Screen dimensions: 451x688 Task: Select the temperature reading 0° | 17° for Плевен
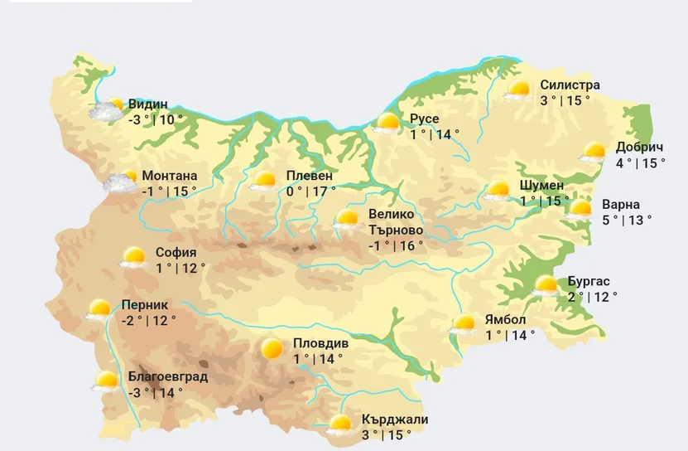pyautogui.click(x=310, y=192)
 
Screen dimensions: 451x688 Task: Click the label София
pyautogui.click(x=176, y=252)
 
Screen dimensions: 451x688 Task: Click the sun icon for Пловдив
pyautogui.click(x=272, y=349)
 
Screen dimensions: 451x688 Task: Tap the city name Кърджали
pyautogui.click(x=395, y=419)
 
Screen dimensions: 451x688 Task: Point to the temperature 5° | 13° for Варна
pyautogui.click(x=627, y=220)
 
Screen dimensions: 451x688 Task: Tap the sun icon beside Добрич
pyautogui.click(x=594, y=153)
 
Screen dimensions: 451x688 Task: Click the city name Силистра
pyautogui.click(x=570, y=85)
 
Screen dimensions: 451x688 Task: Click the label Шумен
pyautogui.click(x=541, y=184)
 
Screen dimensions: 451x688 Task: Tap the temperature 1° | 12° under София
pyautogui.click(x=180, y=268)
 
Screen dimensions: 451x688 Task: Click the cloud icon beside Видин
pyautogui.click(x=106, y=112)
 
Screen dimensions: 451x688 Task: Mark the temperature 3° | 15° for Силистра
pyautogui.click(x=565, y=100)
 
